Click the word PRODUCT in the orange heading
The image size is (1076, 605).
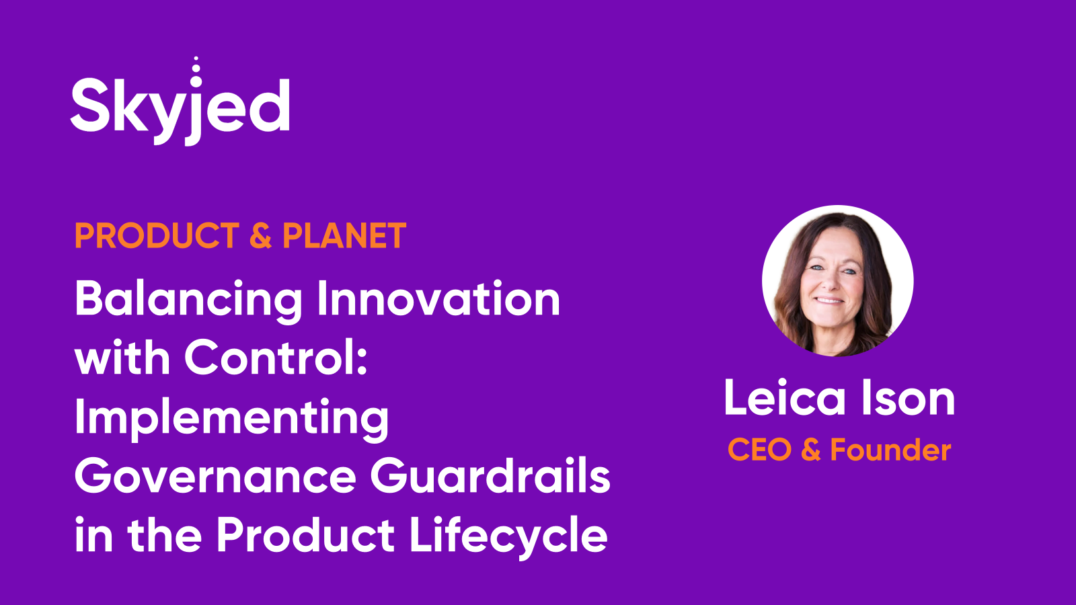[x=157, y=236]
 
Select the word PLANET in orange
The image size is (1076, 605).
[x=344, y=236]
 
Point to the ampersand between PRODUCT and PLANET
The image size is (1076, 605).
[x=260, y=236]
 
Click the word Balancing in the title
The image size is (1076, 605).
[x=188, y=300]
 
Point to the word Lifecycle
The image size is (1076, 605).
[x=508, y=536]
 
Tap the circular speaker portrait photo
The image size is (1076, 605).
[x=837, y=281]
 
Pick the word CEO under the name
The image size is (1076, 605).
[x=759, y=450]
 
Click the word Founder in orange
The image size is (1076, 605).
[x=890, y=450]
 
